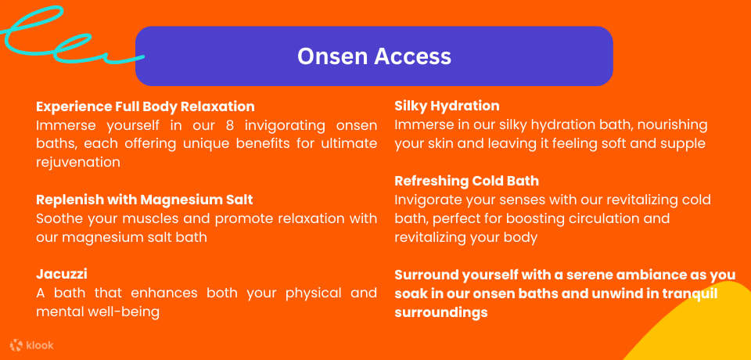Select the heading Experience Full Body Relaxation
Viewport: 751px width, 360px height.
click(146, 106)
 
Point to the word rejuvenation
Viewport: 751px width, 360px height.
click(78, 162)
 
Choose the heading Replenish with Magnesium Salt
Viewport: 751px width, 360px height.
click(145, 200)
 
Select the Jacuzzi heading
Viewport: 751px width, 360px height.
click(62, 274)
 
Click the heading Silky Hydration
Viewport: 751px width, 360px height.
click(447, 106)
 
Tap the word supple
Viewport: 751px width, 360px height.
click(683, 144)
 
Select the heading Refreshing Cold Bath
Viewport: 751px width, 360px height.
click(466, 181)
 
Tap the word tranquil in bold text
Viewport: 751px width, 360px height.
click(688, 293)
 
